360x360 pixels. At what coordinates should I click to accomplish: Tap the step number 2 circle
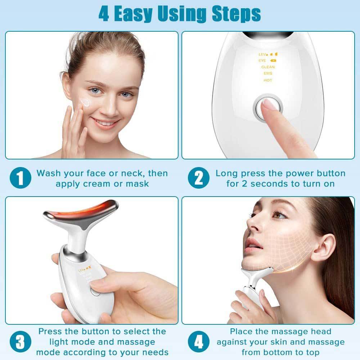[199, 179]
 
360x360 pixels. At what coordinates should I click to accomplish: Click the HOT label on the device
[268, 80]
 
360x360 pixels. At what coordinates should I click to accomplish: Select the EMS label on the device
[268, 73]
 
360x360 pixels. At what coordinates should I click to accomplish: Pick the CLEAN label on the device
[268, 67]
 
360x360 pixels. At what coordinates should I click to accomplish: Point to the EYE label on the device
[262, 60]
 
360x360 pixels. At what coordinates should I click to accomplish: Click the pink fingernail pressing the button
[269, 104]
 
